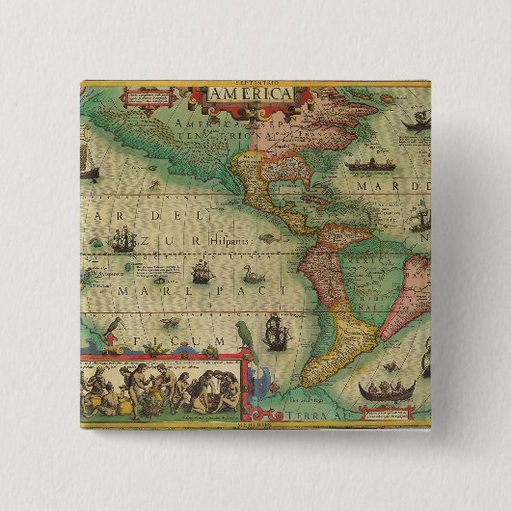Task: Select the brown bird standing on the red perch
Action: tap(114, 325)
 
